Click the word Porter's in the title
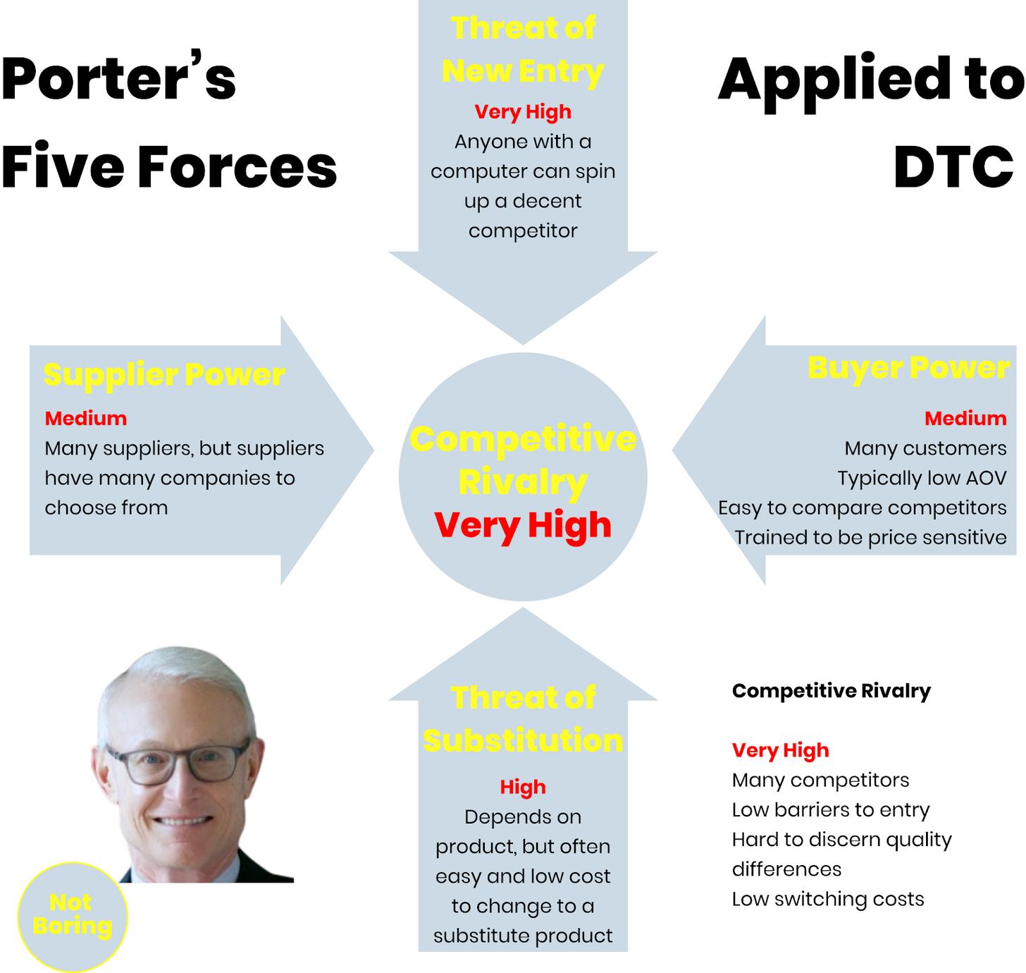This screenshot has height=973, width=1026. tap(118, 78)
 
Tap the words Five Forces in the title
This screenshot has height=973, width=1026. tap(169, 166)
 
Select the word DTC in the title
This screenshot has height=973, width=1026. tap(953, 166)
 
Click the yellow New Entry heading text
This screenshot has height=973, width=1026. tap(522, 71)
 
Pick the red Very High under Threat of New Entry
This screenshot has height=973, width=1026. tap(522, 112)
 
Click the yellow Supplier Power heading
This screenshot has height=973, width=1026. tap(164, 374)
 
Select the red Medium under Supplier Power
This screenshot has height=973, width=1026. tap(85, 418)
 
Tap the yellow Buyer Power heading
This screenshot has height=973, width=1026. tap(908, 368)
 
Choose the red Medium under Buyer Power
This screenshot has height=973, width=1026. tap(965, 418)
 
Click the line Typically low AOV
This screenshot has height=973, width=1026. tap(922, 478)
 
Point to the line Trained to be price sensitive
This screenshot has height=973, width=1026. tap(870, 537)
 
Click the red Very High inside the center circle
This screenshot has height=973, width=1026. tap(522, 525)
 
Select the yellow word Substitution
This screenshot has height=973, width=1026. tap(522, 740)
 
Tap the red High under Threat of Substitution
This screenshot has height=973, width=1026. tap(522, 787)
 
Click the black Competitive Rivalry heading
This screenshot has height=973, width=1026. tap(831, 690)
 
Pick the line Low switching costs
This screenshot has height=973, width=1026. tap(828, 899)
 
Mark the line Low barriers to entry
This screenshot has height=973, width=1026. tap(830, 809)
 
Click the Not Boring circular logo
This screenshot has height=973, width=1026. tap(73, 917)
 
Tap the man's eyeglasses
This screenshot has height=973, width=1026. tap(178, 764)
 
